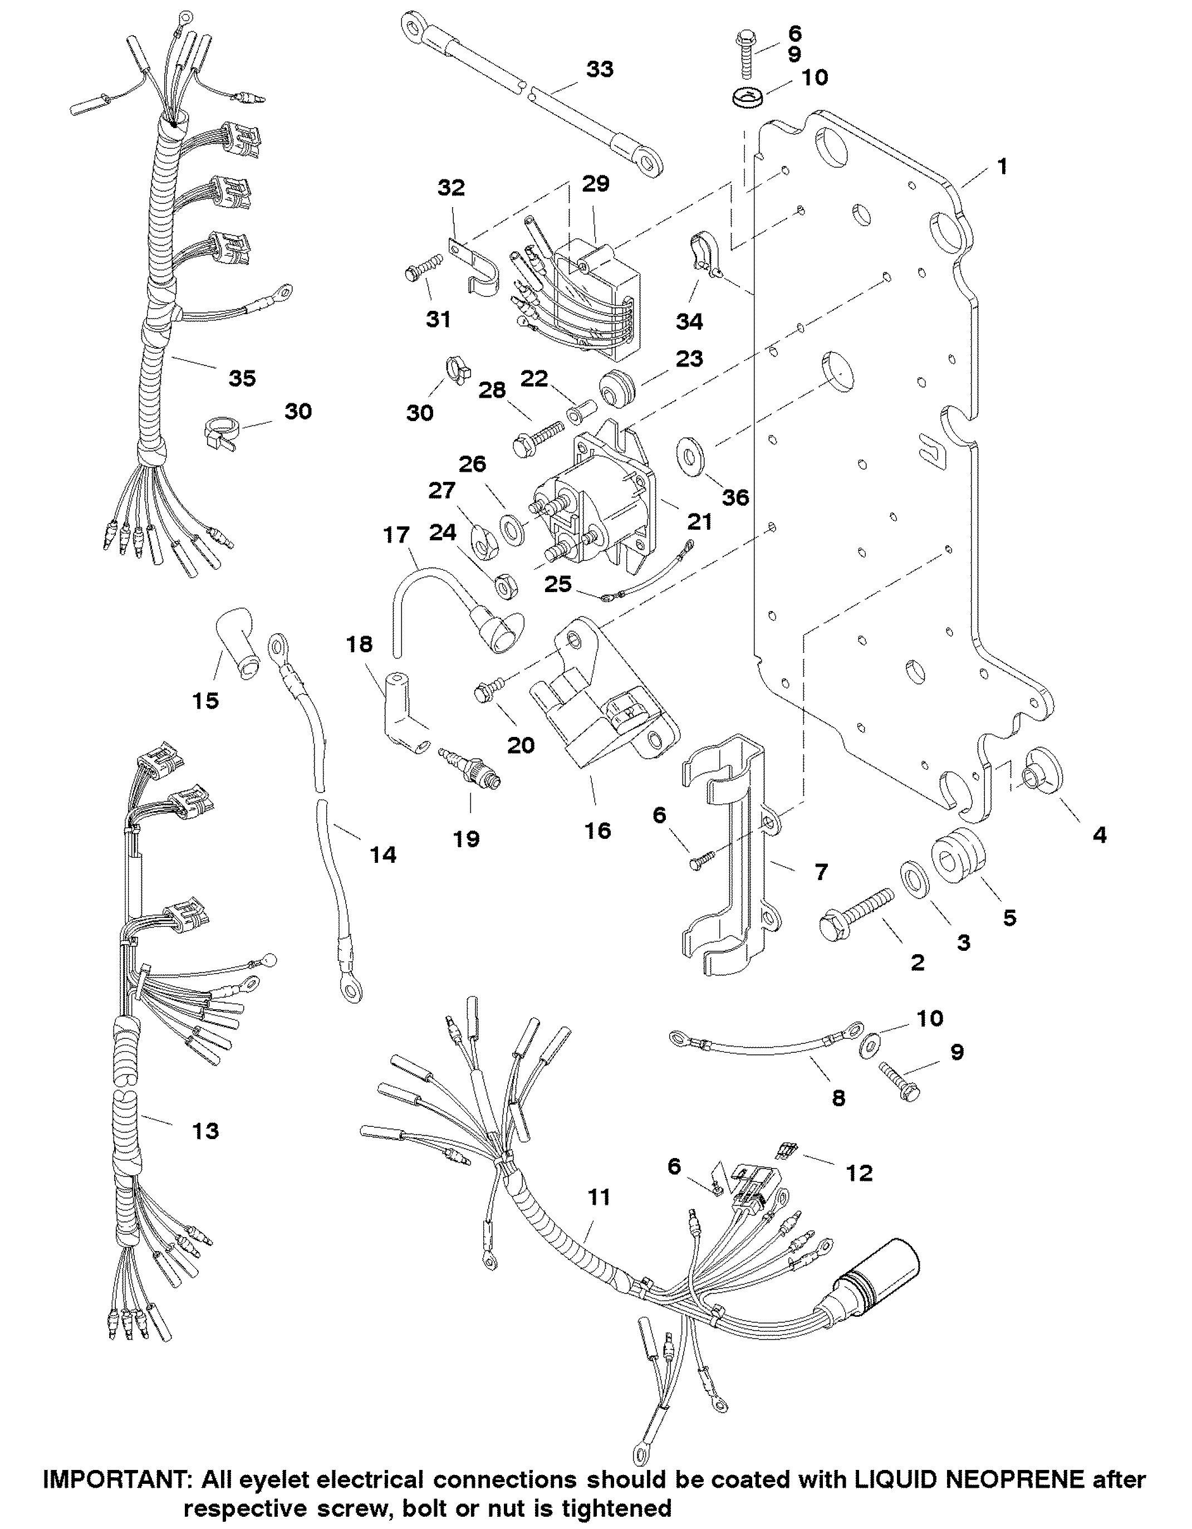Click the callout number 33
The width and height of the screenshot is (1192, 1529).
(599, 69)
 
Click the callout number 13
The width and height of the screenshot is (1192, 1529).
(205, 1131)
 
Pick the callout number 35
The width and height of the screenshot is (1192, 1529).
(242, 378)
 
